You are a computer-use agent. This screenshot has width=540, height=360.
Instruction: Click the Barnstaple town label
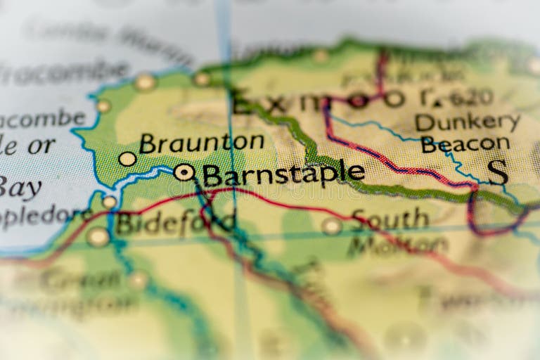(283, 174)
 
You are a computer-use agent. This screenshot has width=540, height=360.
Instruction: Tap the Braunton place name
(201, 143)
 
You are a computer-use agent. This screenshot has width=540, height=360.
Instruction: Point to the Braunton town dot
(127, 159)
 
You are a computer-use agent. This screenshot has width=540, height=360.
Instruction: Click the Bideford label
(174, 223)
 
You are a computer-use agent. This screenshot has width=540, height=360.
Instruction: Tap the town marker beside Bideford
(98, 237)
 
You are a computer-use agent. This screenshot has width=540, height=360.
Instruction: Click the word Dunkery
(467, 122)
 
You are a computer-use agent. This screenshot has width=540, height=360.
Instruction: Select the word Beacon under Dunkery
(465, 144)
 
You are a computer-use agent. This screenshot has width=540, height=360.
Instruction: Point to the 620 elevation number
(470, 98)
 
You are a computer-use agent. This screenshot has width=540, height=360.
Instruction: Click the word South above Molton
(390, 219)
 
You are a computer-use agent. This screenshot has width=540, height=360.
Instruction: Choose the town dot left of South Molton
(332, 226)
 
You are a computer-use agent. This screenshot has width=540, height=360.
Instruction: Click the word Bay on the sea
(21, 188)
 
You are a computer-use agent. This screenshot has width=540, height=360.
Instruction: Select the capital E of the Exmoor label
(242, 103)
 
